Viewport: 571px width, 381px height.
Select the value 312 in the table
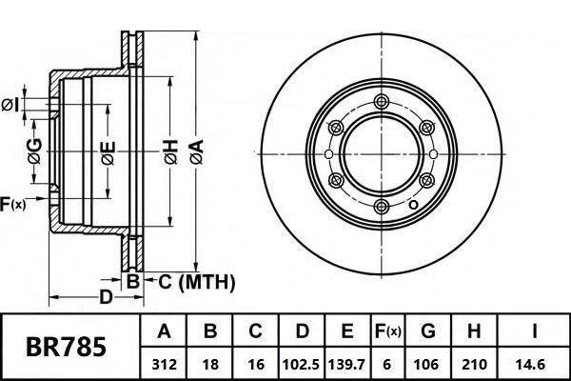(164, 363)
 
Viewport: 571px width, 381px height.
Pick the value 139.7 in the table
(346, 363)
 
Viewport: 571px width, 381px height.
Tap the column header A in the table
(164, 332)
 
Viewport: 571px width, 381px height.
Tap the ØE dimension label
(108, 151)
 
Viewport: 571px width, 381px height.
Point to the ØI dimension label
(11, 103)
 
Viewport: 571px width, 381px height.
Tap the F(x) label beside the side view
(13, 203)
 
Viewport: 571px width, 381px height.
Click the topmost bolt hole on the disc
(382, 102)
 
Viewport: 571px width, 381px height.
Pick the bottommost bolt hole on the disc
(382, 207)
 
